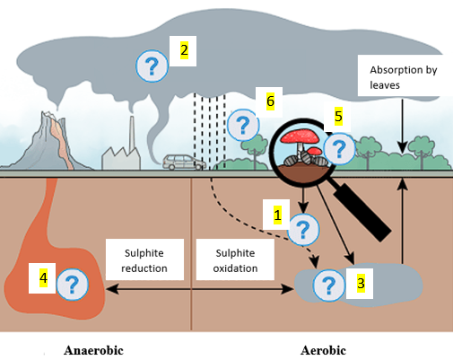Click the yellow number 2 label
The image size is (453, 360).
[184, 49]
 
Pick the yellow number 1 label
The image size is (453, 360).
[277, 215]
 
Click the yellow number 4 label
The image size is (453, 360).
[43, 279]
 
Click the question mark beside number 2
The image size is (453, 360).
[152, 66]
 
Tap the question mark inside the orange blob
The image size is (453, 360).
[73, 285]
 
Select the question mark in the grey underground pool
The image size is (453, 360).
[329, 285]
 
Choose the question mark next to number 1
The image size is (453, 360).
[303, 230]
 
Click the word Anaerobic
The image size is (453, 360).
[93, 350]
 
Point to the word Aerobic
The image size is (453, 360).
[322, 350]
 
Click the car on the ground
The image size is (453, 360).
[183, 162]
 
